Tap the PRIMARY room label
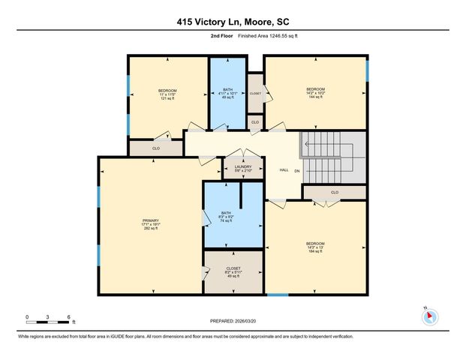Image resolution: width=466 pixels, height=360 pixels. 151,223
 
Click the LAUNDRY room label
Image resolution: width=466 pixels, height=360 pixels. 242,169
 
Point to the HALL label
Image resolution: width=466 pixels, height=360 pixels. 284,170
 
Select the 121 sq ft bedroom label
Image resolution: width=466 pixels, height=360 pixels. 167,94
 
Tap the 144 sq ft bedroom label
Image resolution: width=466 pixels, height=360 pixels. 315,94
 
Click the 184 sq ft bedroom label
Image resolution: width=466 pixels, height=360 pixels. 315,247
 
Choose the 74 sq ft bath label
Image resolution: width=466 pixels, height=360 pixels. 226,217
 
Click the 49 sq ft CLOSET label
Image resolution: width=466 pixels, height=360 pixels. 226,272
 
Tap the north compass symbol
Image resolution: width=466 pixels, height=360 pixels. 429,316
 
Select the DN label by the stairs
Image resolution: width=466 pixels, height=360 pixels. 296,170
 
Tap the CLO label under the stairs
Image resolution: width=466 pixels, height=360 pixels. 335,193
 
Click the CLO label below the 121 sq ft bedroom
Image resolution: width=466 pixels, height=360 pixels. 155,148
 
